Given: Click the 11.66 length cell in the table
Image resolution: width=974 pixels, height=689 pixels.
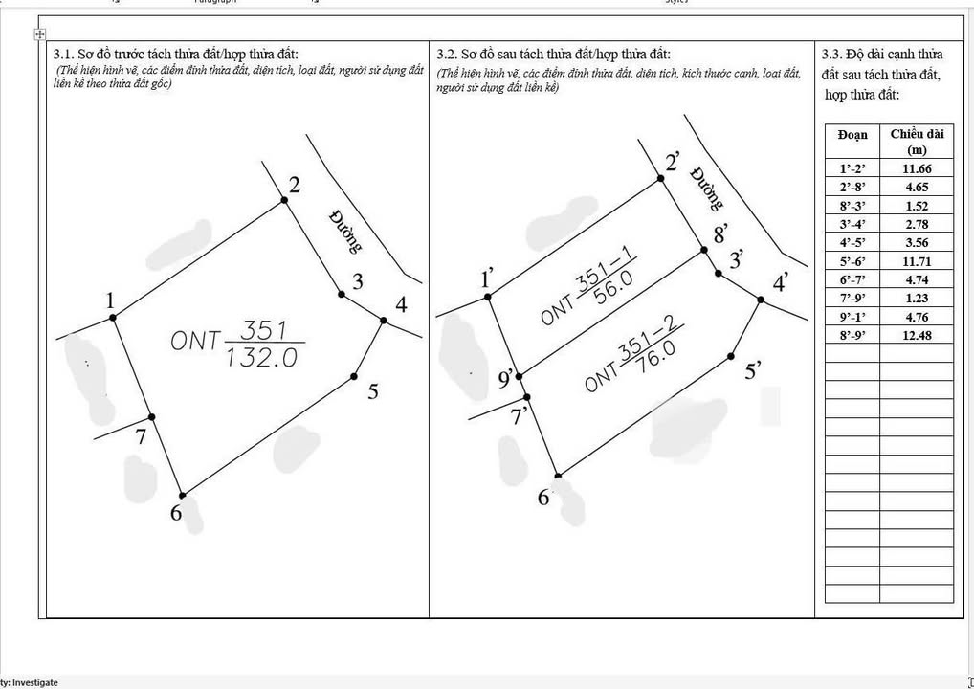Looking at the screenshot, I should (x=916, y=168).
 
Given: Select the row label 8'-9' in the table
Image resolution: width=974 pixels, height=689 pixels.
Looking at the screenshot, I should (x=852, y=335).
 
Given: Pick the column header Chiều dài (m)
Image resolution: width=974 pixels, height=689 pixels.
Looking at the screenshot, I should (x=916, y=142).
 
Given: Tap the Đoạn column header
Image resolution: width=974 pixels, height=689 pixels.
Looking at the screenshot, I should (x=852, y=135).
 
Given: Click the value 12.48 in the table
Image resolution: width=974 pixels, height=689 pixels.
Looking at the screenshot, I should (x=916, y=335).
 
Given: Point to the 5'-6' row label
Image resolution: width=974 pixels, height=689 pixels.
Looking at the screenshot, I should (x=852, y=261).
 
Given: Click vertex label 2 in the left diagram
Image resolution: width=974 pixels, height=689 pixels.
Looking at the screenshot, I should (x=295, y=185).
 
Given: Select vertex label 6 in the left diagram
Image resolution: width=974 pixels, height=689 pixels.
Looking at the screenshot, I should (x=176, y=514).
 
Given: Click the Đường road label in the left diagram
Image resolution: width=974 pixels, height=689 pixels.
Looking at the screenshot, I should (x=345, y=231).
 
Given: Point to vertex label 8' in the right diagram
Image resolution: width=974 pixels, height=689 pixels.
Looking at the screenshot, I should (x=721, y=233).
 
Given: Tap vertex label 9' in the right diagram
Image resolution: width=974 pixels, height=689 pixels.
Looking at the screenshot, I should (x=507, y=380).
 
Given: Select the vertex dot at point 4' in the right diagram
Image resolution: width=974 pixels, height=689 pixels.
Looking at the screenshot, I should (x=762, y=300).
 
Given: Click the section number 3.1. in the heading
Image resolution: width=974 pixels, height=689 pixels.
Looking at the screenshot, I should (x=65, y=54).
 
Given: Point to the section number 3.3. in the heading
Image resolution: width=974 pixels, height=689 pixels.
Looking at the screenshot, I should (x=831, y=55).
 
